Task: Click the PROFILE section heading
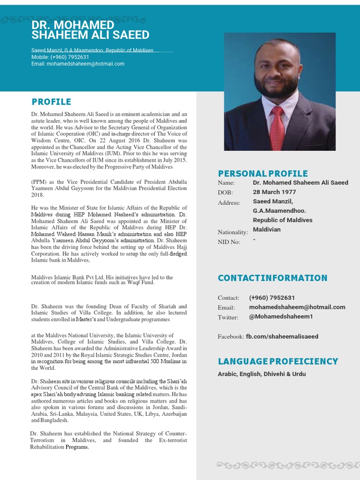pos(51,102)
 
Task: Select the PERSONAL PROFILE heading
pos(262,173)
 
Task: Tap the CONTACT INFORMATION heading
pos(272,278)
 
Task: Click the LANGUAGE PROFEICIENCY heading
pos(277,361)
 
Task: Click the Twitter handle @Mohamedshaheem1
pos(281,317)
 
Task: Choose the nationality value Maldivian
pos(267,230)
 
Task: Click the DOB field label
pos(225,193)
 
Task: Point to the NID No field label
pos(229,242)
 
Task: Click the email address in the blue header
pos(78,64)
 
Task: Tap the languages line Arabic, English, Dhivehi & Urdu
pos(262,374)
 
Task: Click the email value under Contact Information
pos(297,307)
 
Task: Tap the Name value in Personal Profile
pos(300,182)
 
